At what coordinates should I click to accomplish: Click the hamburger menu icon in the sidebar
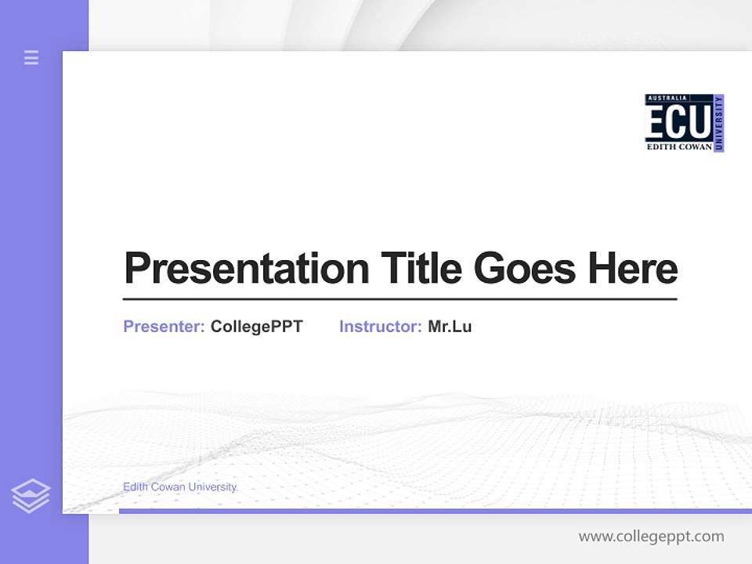point(31,57)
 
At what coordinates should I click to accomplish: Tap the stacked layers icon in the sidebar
point(31,496)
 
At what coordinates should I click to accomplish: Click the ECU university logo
point(684,123)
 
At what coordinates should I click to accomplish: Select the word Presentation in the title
point(246,269)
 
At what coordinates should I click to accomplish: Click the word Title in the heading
point(421,269)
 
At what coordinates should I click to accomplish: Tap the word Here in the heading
point(632,269)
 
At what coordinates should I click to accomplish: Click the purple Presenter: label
point(164,327)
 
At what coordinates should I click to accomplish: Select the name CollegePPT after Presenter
point(256,327)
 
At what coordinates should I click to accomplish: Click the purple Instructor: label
point(380,327)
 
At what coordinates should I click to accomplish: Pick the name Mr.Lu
point(450,327)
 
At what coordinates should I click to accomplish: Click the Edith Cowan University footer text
point(179,487)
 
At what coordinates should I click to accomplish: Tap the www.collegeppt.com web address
point(651,537)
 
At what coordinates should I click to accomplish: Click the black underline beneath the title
point(399,299)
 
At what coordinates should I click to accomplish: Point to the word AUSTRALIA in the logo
point(667,98)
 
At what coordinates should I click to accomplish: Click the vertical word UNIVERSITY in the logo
point(719,123)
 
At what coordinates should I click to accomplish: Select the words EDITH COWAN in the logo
point(678,146)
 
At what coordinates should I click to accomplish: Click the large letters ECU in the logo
point(678,122)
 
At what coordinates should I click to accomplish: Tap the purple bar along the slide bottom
point(435,511)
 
